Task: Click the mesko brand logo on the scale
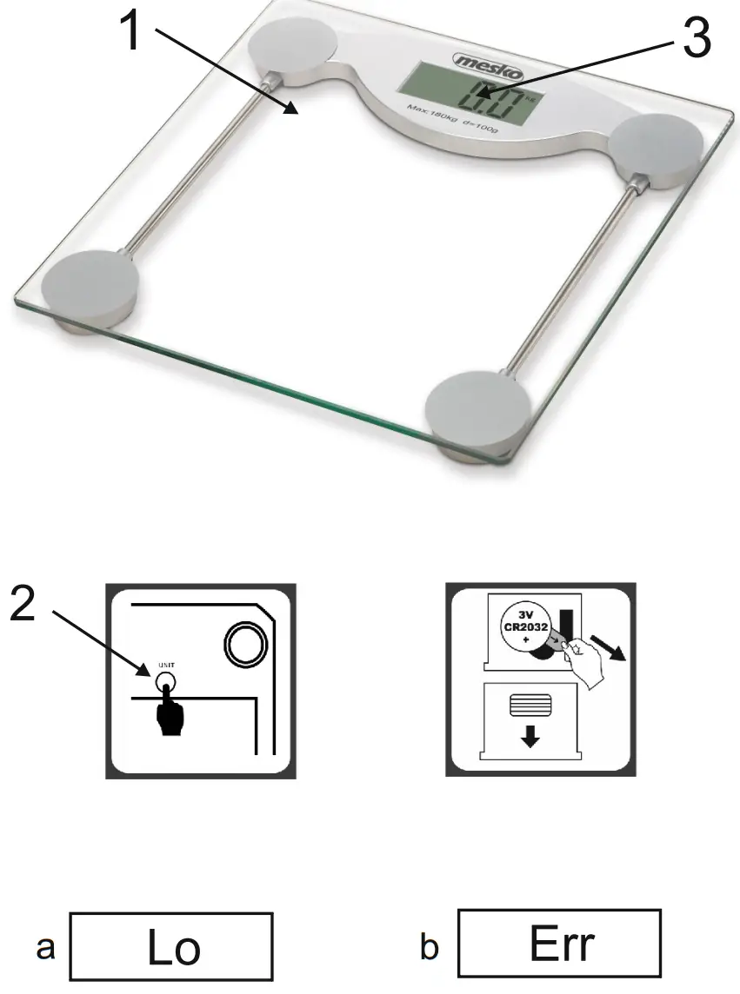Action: tap(488, 62)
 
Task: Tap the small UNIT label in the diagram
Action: tap(165, 666)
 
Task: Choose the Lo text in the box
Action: tap(174, 946)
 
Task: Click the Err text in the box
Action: tap(562, 944)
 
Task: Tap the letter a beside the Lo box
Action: tap(45, 948)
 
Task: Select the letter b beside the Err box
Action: tap(430, 948)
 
